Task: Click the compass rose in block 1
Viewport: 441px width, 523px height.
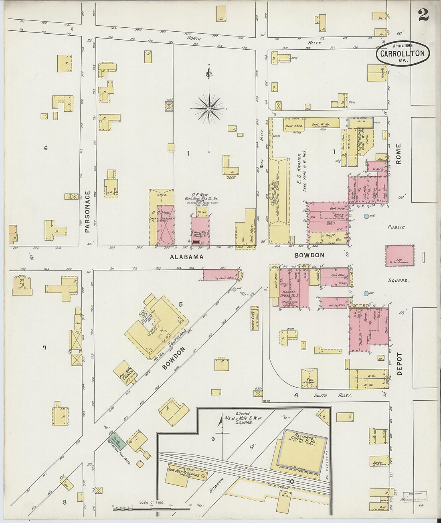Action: [209, 108]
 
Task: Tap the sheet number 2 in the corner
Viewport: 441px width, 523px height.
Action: [423, 15]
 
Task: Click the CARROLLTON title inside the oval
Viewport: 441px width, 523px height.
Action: [403, 53]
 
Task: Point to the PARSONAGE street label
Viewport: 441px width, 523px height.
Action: [87, 212]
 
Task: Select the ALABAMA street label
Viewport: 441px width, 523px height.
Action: [186, 257]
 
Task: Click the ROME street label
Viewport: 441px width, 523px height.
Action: [398, 153]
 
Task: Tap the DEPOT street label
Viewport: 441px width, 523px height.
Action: [399, 364]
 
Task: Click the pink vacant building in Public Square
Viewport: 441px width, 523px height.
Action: [400, 256]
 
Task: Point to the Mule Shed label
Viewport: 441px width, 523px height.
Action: [293, 126]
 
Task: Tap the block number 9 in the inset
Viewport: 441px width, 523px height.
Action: [213, 439]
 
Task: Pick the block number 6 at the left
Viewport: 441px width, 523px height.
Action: [46, 148]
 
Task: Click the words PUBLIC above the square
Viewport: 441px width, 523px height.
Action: [396, 227]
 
